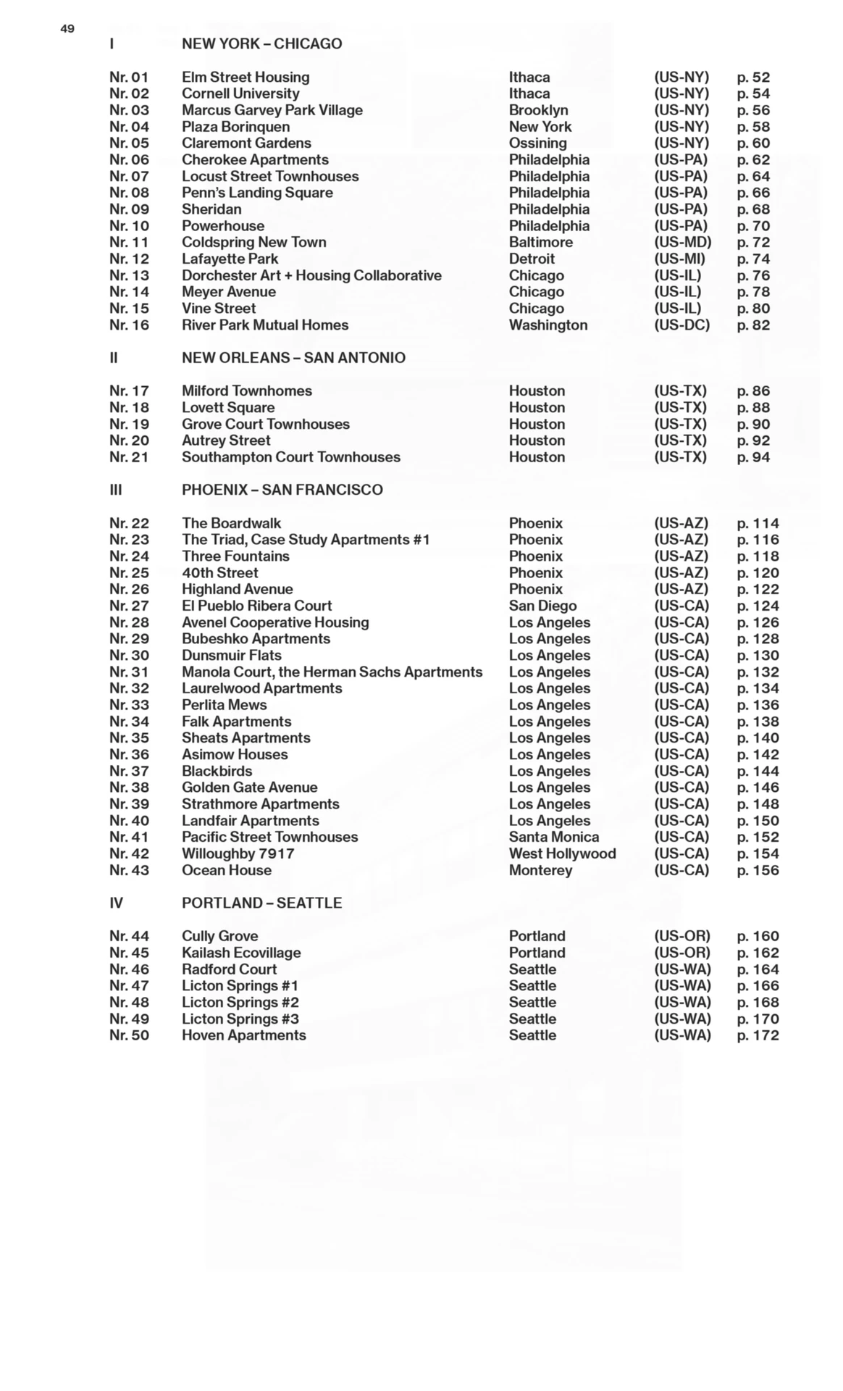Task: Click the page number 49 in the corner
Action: click(67, 29)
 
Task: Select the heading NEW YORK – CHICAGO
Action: click(261, 43)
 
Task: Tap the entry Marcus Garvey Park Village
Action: click(272, 110)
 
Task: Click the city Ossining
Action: click(537, 143)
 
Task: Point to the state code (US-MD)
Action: click(682, 243)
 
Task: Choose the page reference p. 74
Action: click(753, 259)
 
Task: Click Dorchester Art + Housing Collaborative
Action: click(311, 276)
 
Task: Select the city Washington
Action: click(548, 325)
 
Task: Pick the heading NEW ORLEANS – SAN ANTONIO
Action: click(293, 358)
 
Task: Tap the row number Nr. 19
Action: click(129, 425)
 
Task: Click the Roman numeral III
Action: click(116, 490)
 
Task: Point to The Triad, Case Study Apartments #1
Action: click(306, 540)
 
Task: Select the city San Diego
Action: click(542, 606)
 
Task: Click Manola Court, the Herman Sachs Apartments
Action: click(332, 672)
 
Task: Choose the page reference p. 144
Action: click(758, 772)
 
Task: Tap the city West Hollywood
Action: click(562, 854)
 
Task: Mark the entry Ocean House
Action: click(227, 871)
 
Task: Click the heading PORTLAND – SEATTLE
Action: click(261, 903)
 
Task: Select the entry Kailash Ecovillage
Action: click(241, 953)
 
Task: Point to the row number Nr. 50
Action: click(129, 1036)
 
